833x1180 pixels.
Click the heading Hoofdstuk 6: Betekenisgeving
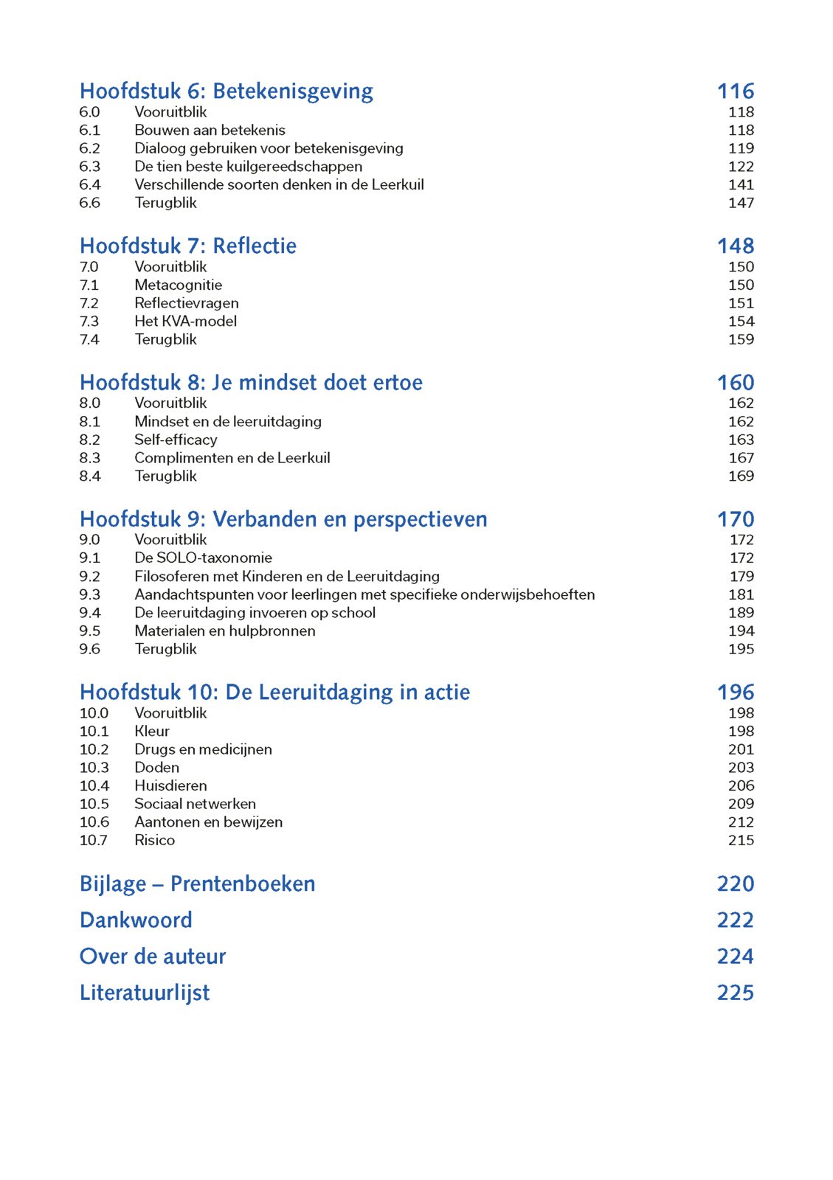click(226, 91)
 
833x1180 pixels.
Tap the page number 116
click(735, 91)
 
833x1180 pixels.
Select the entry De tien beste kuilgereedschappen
click(248, 167)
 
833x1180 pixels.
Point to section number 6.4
click(90, 184)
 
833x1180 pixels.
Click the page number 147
click(741, 203)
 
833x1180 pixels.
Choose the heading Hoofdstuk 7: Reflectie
click(187, 246)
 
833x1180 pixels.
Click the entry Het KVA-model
click(185, 322)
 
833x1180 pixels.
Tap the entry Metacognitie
click(178, 285)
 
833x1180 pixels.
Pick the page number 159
click(741, 339)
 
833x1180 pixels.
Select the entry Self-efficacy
click(176, 440)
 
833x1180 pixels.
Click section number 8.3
click(90, 458)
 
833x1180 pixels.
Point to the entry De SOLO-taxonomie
click(203, 558)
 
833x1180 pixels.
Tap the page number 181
click(741, 594)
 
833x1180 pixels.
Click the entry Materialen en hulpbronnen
click(224, 631)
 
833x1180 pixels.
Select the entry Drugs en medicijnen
click(203, 749)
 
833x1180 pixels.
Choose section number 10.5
click(94, 804)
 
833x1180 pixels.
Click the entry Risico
click(154, 840)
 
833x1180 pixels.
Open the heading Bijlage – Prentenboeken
click(197, 884)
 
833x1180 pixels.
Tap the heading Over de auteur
click(152, 957)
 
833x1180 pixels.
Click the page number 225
click(735, 993)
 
